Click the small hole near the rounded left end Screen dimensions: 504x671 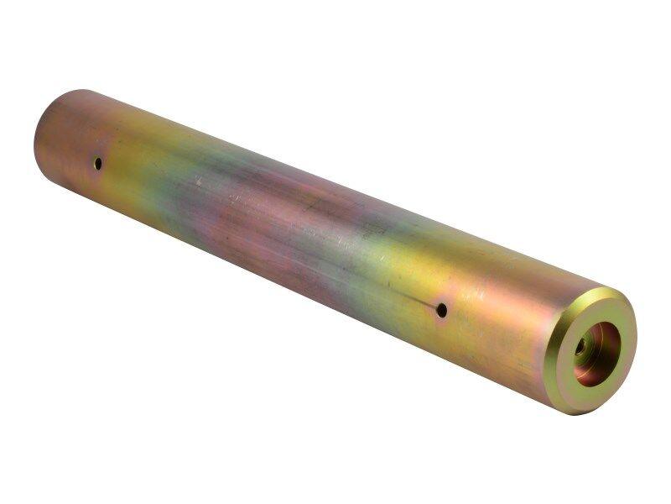[98, 163]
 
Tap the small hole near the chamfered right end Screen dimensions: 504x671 [441, 310]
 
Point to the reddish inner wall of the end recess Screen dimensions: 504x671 [608, 340]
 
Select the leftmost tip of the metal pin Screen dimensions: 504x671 [34, 139]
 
